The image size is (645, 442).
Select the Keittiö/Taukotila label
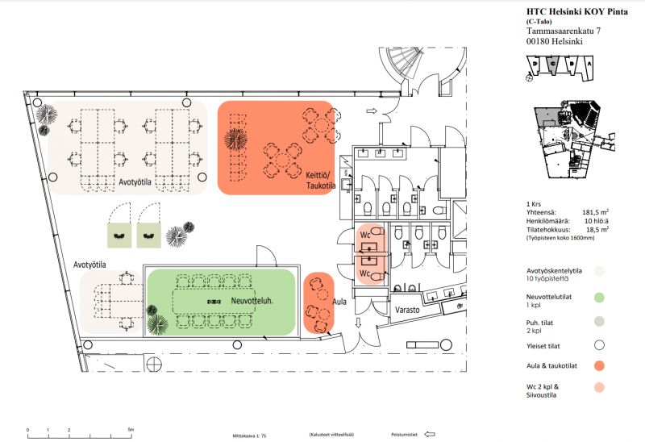320,180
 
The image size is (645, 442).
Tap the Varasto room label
410,307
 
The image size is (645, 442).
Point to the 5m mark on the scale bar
131,430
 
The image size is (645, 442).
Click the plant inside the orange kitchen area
235,139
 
